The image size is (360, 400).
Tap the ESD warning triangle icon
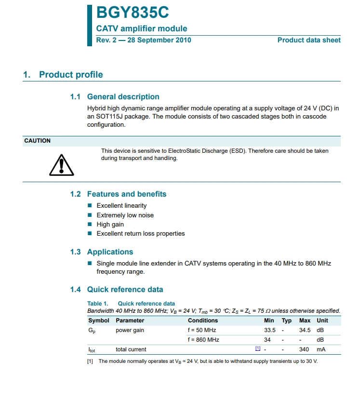62,165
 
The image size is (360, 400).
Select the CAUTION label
38,141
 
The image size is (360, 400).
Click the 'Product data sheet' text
309,40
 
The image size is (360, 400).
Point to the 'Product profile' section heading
71,75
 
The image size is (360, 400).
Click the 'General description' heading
123,97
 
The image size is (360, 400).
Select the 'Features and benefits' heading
126,194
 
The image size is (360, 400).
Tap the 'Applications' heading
110,252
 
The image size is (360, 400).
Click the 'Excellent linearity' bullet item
121,206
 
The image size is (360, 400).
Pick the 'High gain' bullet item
110,225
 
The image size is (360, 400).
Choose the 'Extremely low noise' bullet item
125,215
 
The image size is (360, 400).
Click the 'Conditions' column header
203,320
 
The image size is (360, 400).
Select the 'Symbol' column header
98,320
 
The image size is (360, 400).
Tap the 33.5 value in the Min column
270,331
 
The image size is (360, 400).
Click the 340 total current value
304,349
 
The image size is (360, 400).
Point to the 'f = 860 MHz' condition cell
203,340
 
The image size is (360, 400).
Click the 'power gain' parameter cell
130,331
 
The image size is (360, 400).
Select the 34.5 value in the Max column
305,331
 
